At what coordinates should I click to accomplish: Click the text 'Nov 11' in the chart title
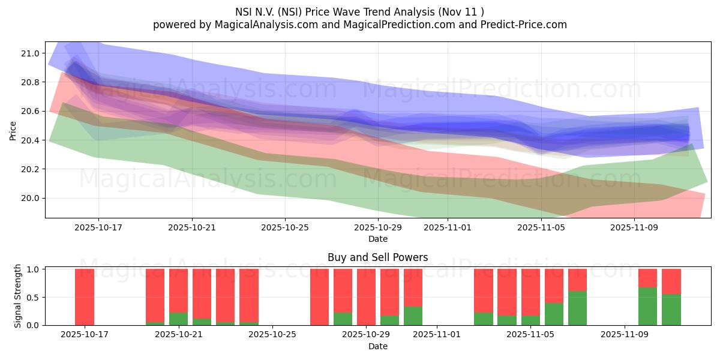tap(463, 11)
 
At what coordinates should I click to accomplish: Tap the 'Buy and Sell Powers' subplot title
tap(377, 257)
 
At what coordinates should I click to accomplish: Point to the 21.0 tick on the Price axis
tap(31, 53)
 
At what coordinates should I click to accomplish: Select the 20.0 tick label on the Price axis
tap(31, 198)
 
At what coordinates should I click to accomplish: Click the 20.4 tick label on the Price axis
tap(31, 140)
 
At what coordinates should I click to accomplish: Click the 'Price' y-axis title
tap(13, 130)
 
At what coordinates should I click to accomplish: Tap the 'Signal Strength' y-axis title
tap(18, 296)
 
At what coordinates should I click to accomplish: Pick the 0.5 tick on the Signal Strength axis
tap(34, 297)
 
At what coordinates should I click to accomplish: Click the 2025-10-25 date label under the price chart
tap(285, 227)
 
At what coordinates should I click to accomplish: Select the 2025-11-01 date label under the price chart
tap(448, 227)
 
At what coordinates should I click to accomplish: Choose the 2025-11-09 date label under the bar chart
tap(625, 335)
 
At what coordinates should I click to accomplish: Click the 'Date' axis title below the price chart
tap(377, 239)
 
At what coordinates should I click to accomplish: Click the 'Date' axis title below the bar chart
tap(377, 346)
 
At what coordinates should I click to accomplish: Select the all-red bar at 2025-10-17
tap(85, 297)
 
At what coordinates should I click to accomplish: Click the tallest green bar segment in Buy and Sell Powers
tap(647, 307)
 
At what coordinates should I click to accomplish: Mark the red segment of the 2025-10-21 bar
tap(178, 291)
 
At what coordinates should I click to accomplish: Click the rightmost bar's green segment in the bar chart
tap(671, 310)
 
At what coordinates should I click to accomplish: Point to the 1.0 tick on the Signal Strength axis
tap(34, 269)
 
